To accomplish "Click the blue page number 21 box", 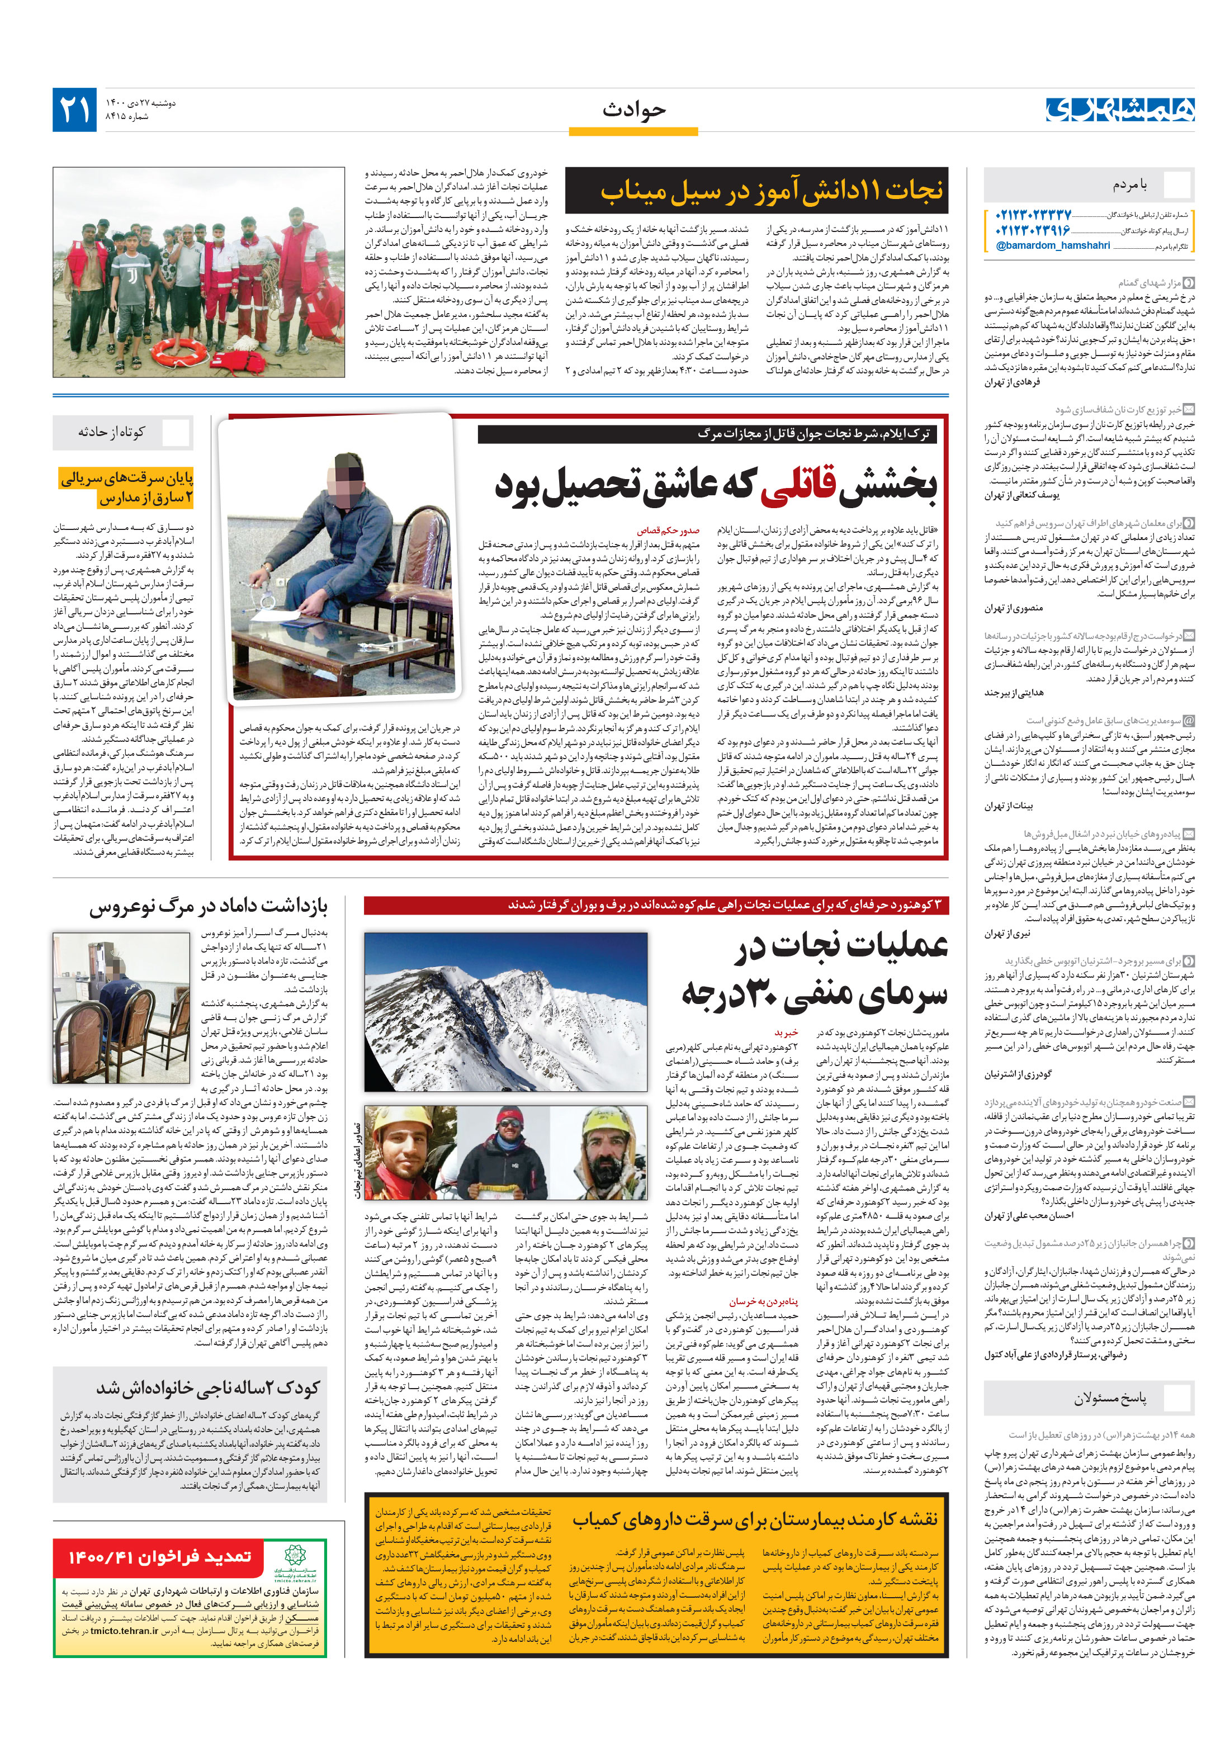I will (75, 110).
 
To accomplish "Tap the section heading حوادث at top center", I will (633, 110).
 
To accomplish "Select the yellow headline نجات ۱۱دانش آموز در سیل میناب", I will (771, 191).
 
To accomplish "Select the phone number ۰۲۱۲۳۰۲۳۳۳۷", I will (1033, 215).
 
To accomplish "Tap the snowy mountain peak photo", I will (505, 1010).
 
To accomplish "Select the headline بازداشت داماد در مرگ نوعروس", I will (208, 907).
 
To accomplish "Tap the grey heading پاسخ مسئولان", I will (1109, 1399).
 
